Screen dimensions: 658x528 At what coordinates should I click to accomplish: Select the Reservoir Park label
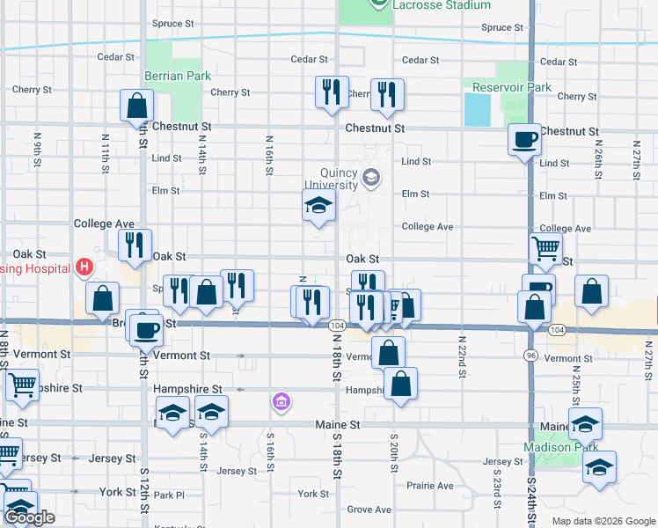512,87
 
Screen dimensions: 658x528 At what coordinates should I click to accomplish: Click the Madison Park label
559,446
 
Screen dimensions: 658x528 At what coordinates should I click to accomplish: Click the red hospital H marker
84,266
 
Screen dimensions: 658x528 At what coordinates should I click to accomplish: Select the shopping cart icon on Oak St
545,250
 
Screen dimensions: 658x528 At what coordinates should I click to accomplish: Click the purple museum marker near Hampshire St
281,403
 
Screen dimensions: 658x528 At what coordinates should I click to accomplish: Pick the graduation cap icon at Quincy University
318,208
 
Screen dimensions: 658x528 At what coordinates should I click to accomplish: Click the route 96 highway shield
531,355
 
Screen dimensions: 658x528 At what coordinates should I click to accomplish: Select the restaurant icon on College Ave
135,246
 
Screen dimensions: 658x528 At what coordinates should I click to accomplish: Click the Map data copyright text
603,521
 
